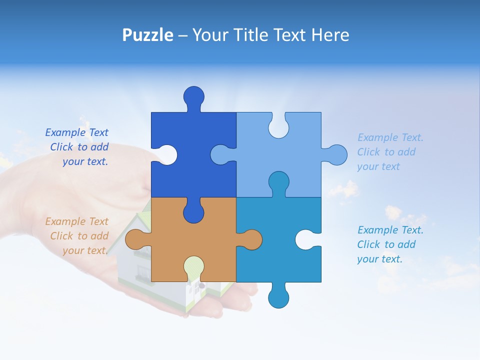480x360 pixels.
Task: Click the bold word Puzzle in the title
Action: click(148, 35)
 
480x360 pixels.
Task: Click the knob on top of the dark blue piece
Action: click(193, 97)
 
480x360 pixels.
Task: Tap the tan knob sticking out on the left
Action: click(135, 239)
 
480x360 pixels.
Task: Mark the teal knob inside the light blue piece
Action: click(278, 182)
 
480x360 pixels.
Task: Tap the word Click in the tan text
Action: click(61, 236)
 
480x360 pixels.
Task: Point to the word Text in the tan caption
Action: click(98, 221)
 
